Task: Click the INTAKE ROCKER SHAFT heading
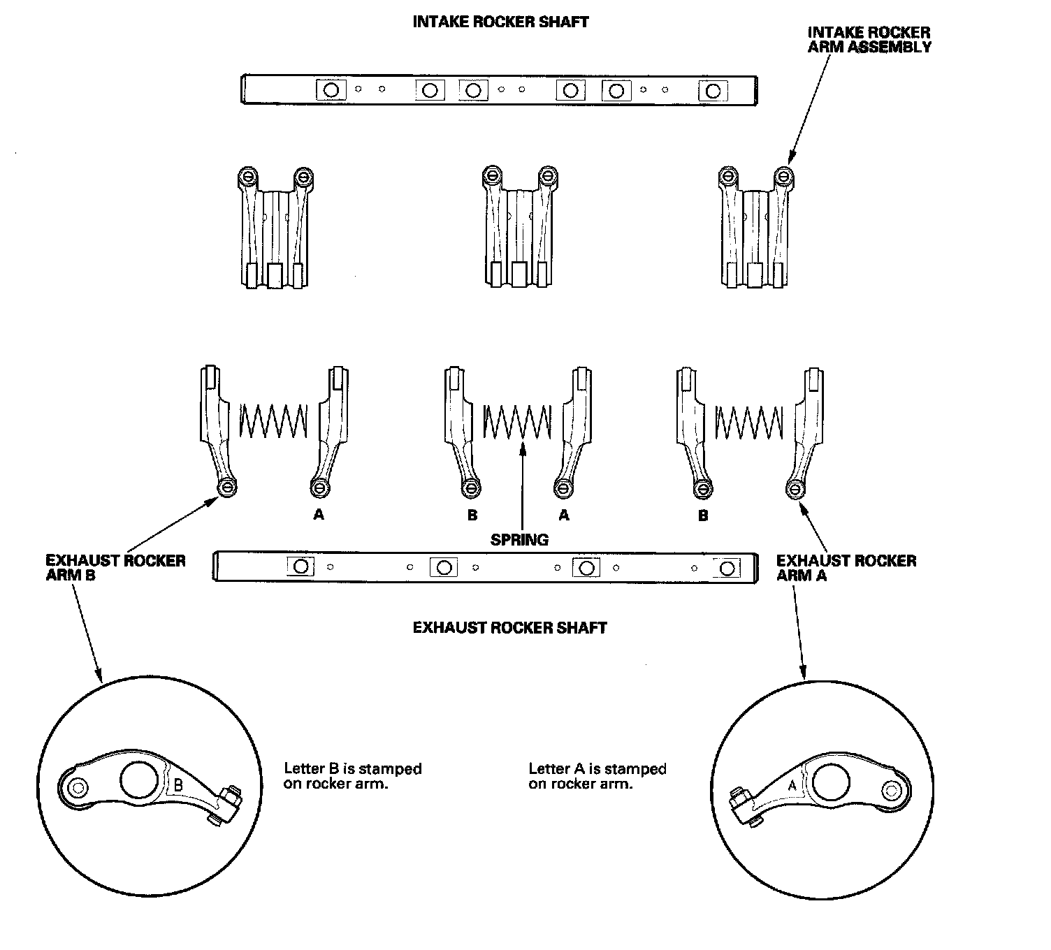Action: (x=500, y=22)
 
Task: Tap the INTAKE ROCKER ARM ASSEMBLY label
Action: (x=869, y=40)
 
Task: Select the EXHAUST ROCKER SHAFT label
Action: (x=509, y=627)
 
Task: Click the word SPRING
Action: (x=519, y=539)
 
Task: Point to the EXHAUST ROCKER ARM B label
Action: (x=115, y=568)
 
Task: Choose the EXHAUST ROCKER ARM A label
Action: (x=846, y=568)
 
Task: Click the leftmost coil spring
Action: (x=273, y=421)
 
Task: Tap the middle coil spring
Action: (x=516, y=421)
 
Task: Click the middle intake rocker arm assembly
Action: (x=518, y=227)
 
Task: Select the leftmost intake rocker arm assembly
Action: (x=275, y=227)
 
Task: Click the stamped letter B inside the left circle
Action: (x=178, y=785)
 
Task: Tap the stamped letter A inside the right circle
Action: (x=792, y=785)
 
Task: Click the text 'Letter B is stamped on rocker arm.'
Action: (x=352, y=776)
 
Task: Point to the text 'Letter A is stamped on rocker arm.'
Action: (x=597, y=776)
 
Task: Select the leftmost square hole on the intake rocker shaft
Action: (x=331, y=90)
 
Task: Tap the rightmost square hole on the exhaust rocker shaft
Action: (x=727, y=568)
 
